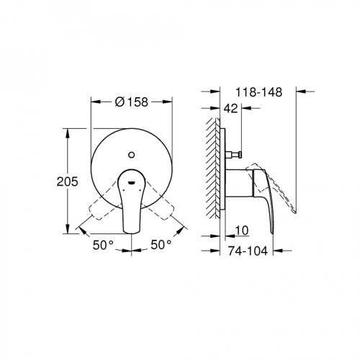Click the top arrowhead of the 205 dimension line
70,131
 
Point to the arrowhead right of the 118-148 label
302,91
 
